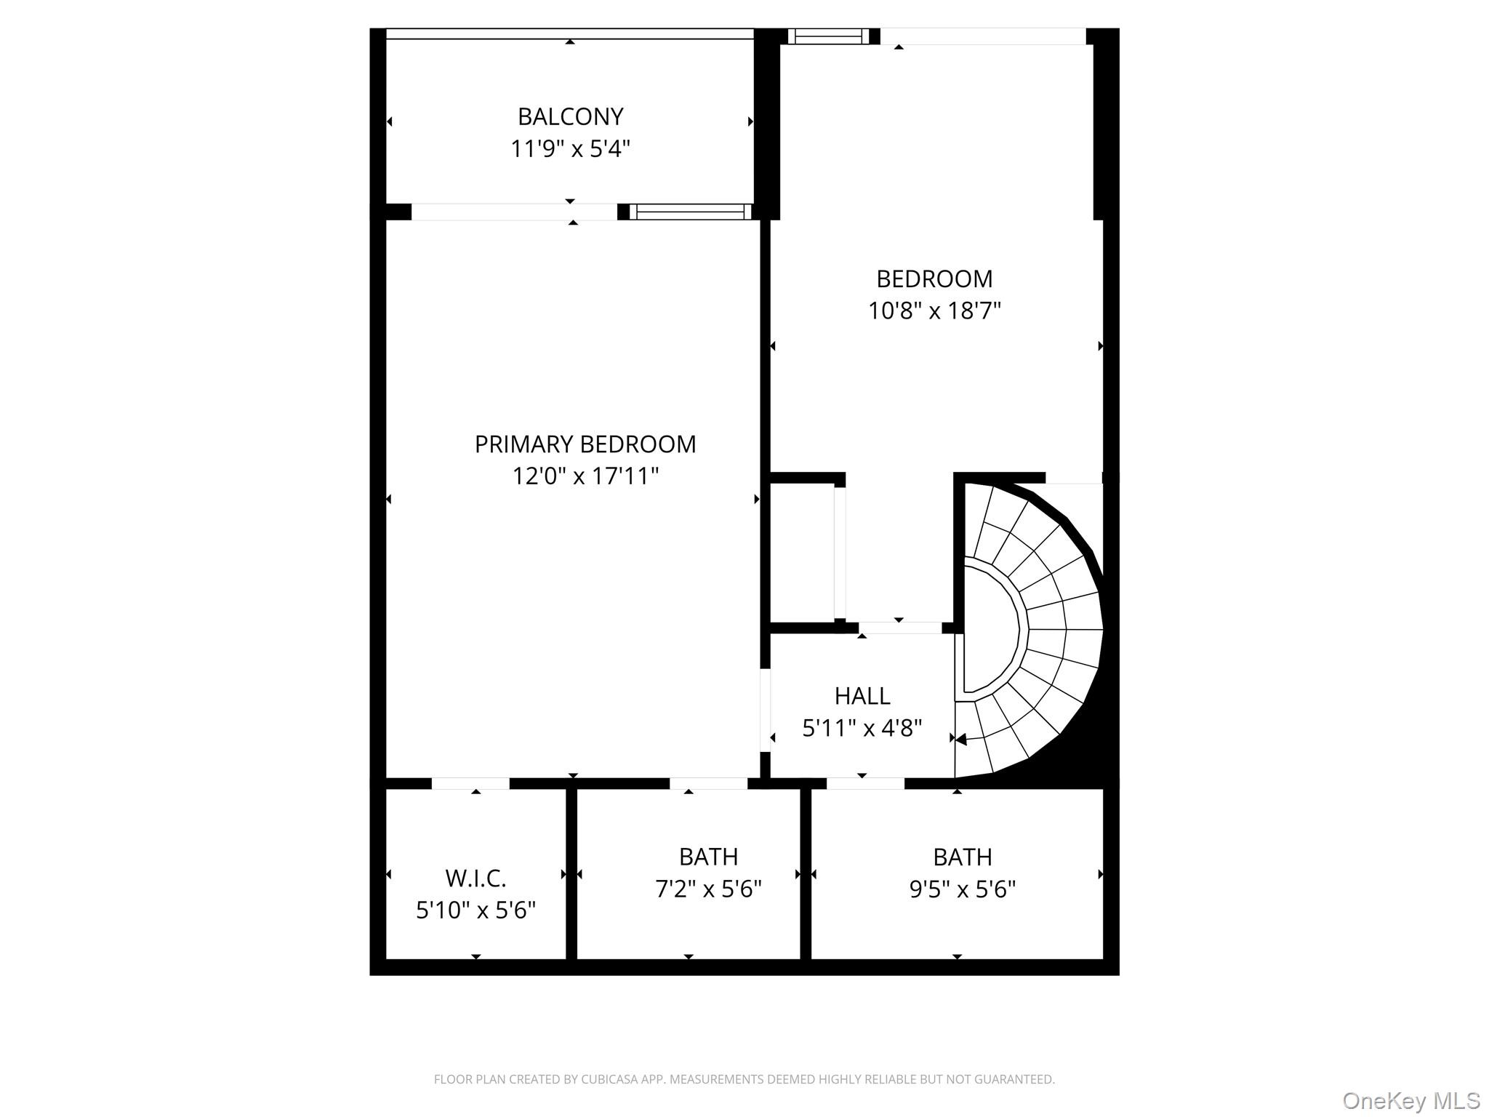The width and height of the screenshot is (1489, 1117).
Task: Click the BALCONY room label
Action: point(570,116)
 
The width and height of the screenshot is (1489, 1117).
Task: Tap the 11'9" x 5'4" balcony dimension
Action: point(570,149)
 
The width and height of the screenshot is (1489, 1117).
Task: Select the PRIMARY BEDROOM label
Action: point(585,444)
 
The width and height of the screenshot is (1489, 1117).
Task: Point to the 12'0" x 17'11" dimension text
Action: point(585,476)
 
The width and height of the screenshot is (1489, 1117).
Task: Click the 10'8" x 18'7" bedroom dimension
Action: point(934,311)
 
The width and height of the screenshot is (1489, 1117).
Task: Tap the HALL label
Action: point(862,696)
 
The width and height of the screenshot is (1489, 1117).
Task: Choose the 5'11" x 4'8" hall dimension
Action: point(862,728)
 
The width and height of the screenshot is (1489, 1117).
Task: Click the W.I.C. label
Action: point(475,878)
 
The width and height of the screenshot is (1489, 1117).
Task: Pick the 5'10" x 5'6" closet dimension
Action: point(475,910)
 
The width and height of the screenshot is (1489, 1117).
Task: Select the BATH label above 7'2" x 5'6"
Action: point(708,857)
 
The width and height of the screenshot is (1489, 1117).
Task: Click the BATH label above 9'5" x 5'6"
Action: point(962,857)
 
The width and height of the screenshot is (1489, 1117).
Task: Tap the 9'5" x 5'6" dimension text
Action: point(962,889)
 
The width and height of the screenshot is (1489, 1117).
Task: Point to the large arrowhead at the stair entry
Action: point(960,740)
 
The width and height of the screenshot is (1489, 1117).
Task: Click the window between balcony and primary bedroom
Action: point(691,212)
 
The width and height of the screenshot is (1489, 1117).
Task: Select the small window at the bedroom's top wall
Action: point(829,36)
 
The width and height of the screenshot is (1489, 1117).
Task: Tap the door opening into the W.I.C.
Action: point(470,783)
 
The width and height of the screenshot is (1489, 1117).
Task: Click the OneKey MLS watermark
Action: point(1410,1100)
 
